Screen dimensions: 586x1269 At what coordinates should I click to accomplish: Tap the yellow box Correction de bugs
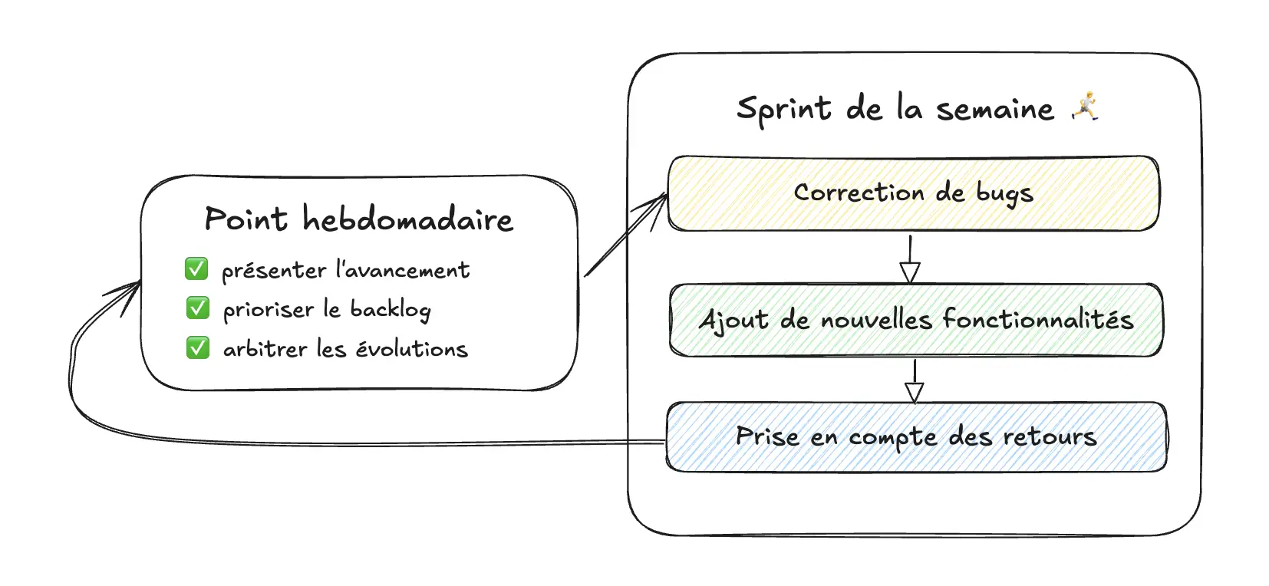[x=913, y=193]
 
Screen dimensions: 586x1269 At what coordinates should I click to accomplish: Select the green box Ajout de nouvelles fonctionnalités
[x=916, y=320]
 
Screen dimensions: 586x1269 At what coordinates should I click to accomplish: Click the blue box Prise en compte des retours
[x=916, y=436]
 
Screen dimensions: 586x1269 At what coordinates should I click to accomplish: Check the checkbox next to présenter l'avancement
[x=196, y=269]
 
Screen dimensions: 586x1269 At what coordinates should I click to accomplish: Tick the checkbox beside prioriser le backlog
[x=197, y=308]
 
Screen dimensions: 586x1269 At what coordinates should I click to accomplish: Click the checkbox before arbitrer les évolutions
[x=197, y=348]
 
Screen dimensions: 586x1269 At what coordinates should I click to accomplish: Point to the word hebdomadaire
[x=407, y=219]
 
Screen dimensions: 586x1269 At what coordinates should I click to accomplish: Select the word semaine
[x=995, y=110]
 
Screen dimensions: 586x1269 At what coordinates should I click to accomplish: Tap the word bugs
[x=1004, y=194]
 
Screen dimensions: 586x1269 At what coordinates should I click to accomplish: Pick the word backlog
[x=391, y=310]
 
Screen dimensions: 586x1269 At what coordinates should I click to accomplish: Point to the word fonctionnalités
[x=1037, y=319]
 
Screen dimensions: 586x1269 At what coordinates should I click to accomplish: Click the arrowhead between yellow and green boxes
[x=910, y=273]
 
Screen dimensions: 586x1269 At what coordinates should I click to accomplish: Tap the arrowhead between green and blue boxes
[x=914, y=392]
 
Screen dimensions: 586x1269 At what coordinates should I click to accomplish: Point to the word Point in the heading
[x=246, y=219]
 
